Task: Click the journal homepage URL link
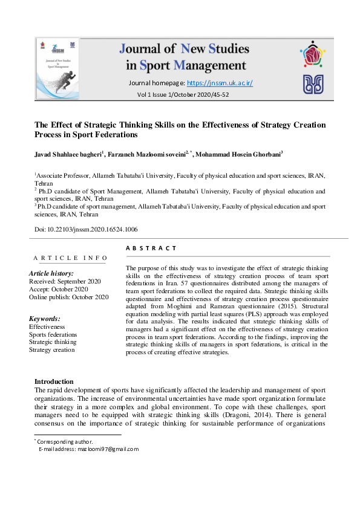point(220,83)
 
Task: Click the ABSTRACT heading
point(151,248)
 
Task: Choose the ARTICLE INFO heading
point(70,258)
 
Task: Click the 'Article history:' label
point(52,274)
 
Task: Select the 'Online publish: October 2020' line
point(69,297)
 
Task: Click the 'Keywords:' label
point(45,319)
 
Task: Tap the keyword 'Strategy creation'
point(52,349)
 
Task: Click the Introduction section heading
point(54,381)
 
